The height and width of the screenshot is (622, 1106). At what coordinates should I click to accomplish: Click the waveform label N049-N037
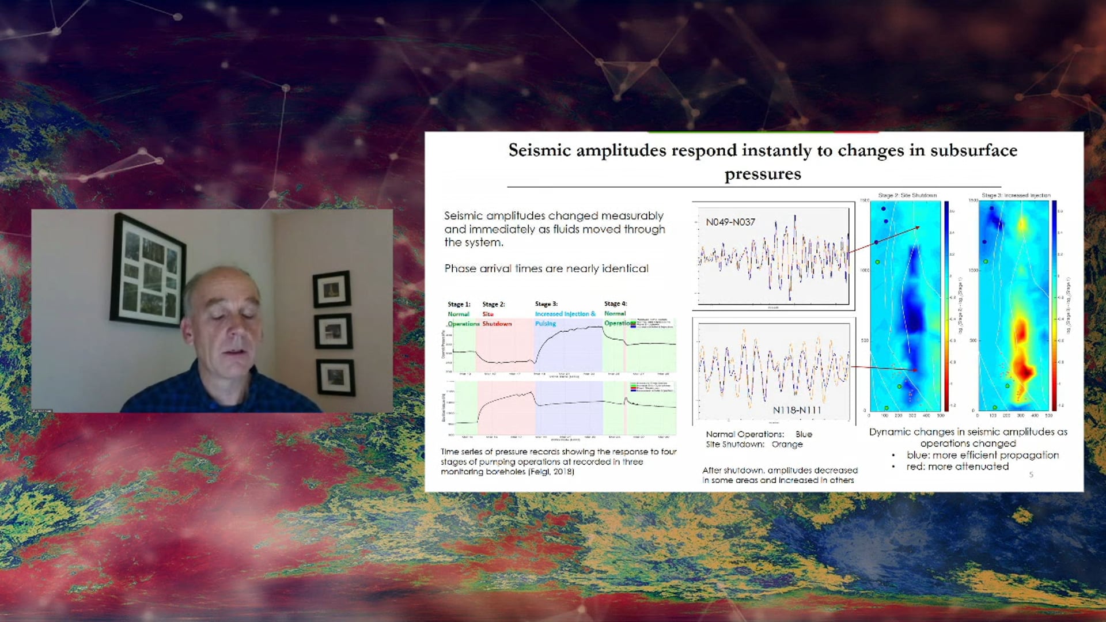[x=730, y=222]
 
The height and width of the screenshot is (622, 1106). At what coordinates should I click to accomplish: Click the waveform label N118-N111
[x=797, y=410]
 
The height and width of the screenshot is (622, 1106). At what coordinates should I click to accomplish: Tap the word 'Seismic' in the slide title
[x=539, y=150]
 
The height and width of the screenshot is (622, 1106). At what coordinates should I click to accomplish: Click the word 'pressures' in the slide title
[x=763, y=174]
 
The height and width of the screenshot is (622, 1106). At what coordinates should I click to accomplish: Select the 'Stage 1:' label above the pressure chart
[x=459, y=304]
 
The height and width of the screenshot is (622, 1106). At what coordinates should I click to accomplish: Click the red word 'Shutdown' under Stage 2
[x=497, y=324]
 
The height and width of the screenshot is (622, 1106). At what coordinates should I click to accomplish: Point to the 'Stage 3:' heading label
[x=546, y=304]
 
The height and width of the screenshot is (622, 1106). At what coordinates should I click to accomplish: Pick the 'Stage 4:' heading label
[x=615, y=304]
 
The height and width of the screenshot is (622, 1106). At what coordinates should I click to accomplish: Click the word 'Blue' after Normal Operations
[x=804, y=434]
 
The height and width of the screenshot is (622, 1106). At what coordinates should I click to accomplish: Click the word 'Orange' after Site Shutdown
[x=787, y=445]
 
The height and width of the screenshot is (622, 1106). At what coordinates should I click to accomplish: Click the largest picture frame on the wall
[x=148, y=269]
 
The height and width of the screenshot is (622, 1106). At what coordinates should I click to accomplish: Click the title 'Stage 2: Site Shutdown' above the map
[x=907, y=196]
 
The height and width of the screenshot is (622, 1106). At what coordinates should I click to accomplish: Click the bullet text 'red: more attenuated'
[x=957, y=466]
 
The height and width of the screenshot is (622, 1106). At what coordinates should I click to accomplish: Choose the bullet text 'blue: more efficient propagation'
[x=982, y=455]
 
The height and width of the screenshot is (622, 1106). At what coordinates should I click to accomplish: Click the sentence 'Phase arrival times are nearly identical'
[x=546, y=268]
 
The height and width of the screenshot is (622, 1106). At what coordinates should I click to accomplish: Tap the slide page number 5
[x=1031, y=475]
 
